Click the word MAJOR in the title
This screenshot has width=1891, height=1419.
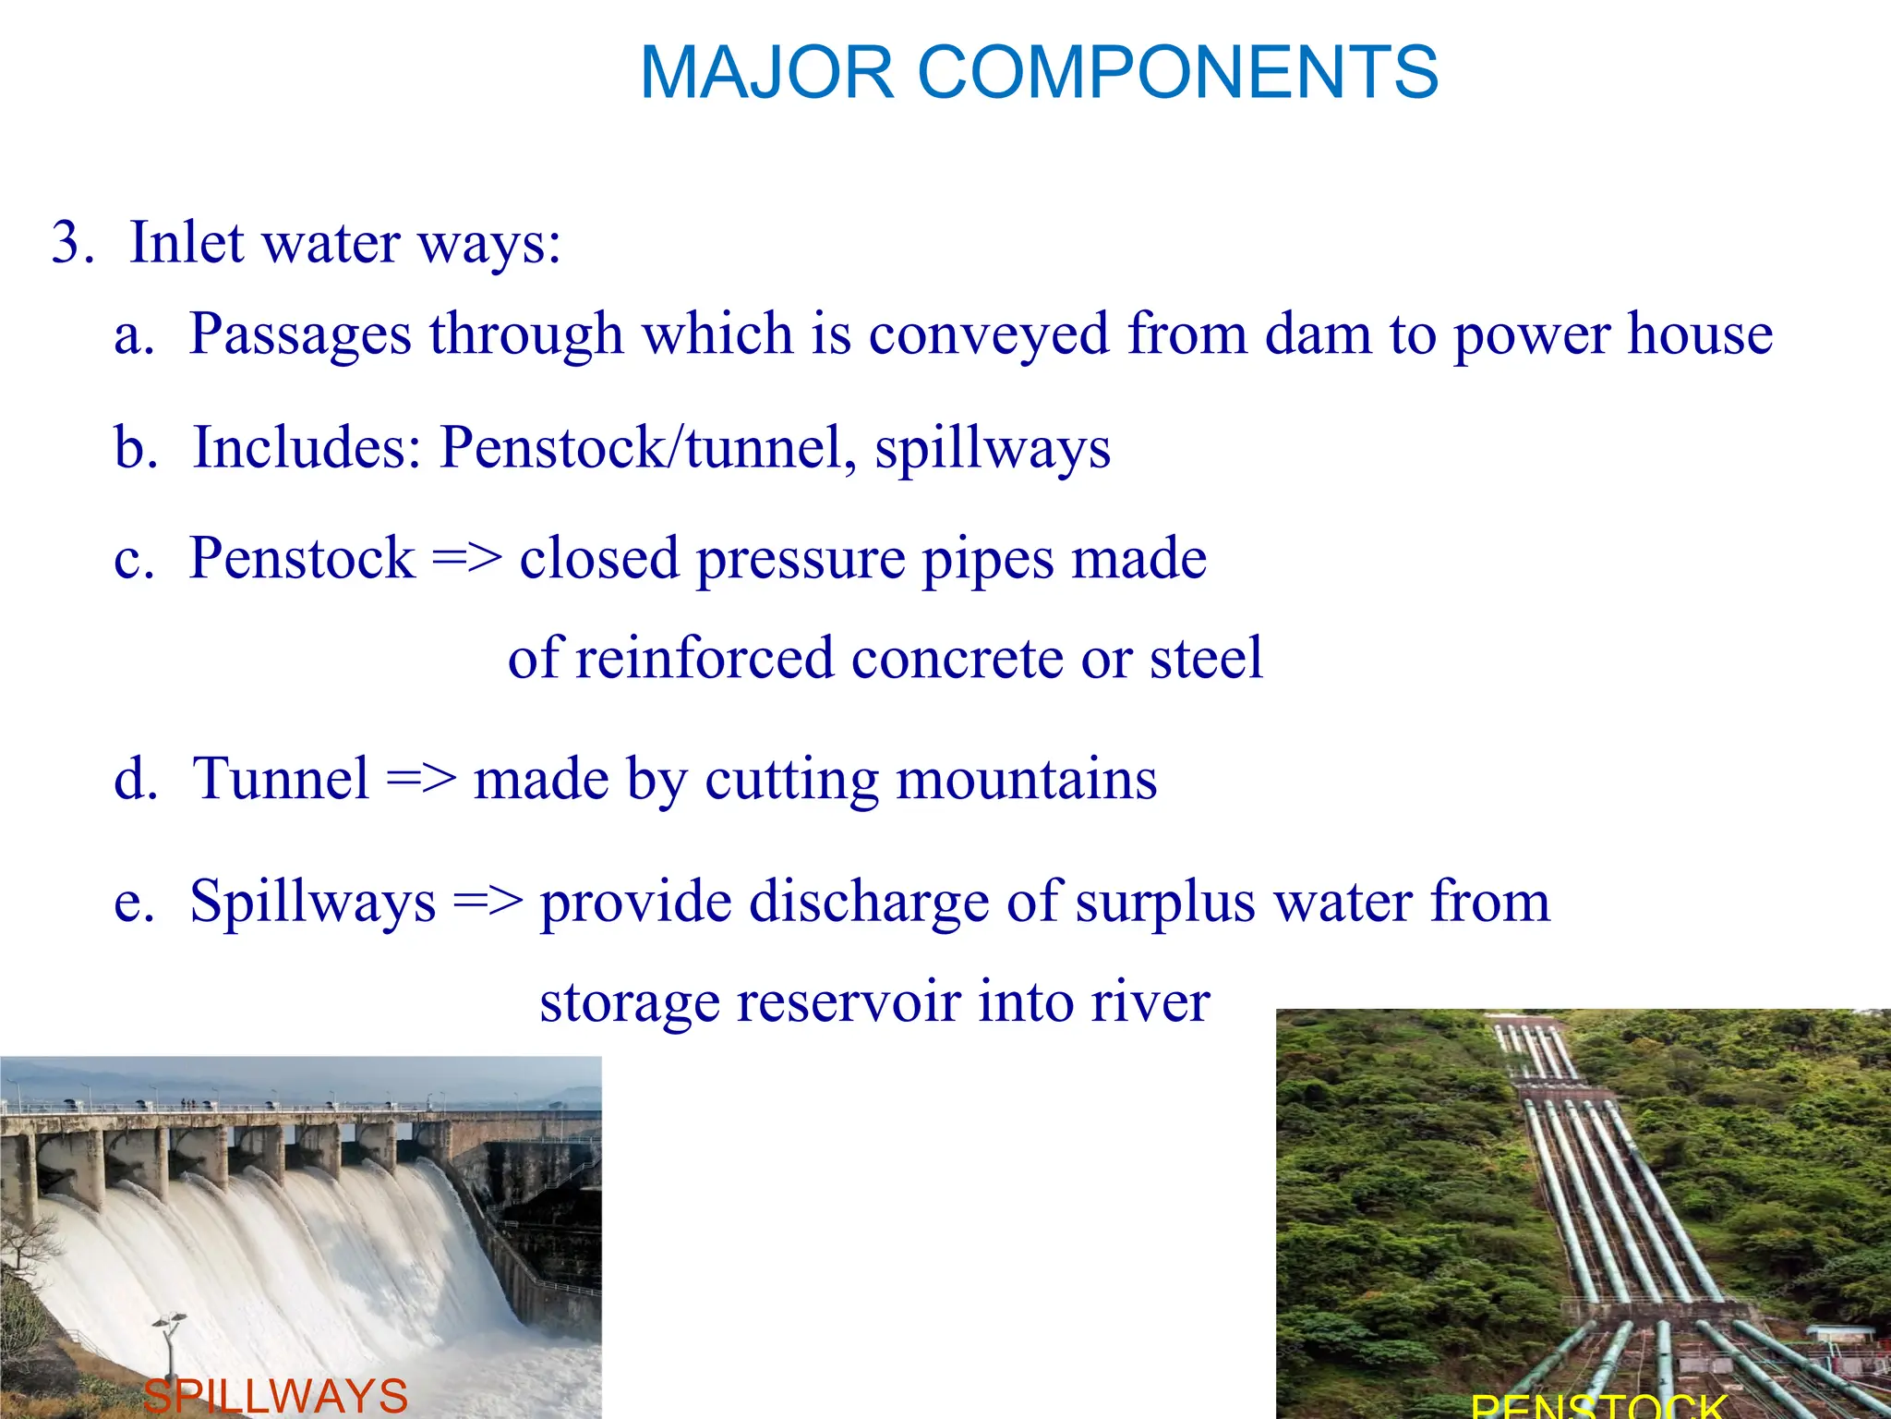point(766,73)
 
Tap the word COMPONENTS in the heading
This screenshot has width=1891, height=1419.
point(1177,73)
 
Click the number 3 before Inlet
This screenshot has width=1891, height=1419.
point(70,244)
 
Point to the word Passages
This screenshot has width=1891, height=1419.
point(299,334)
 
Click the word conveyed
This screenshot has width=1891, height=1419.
point(988,334)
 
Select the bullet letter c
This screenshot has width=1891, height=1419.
point(133,560)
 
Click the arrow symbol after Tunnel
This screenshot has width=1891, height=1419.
point(421,779)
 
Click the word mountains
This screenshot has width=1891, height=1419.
point(1026,779)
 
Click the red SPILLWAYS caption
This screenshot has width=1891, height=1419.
point(275,1396)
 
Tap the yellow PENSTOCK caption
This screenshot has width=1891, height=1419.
point(1597,1406)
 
